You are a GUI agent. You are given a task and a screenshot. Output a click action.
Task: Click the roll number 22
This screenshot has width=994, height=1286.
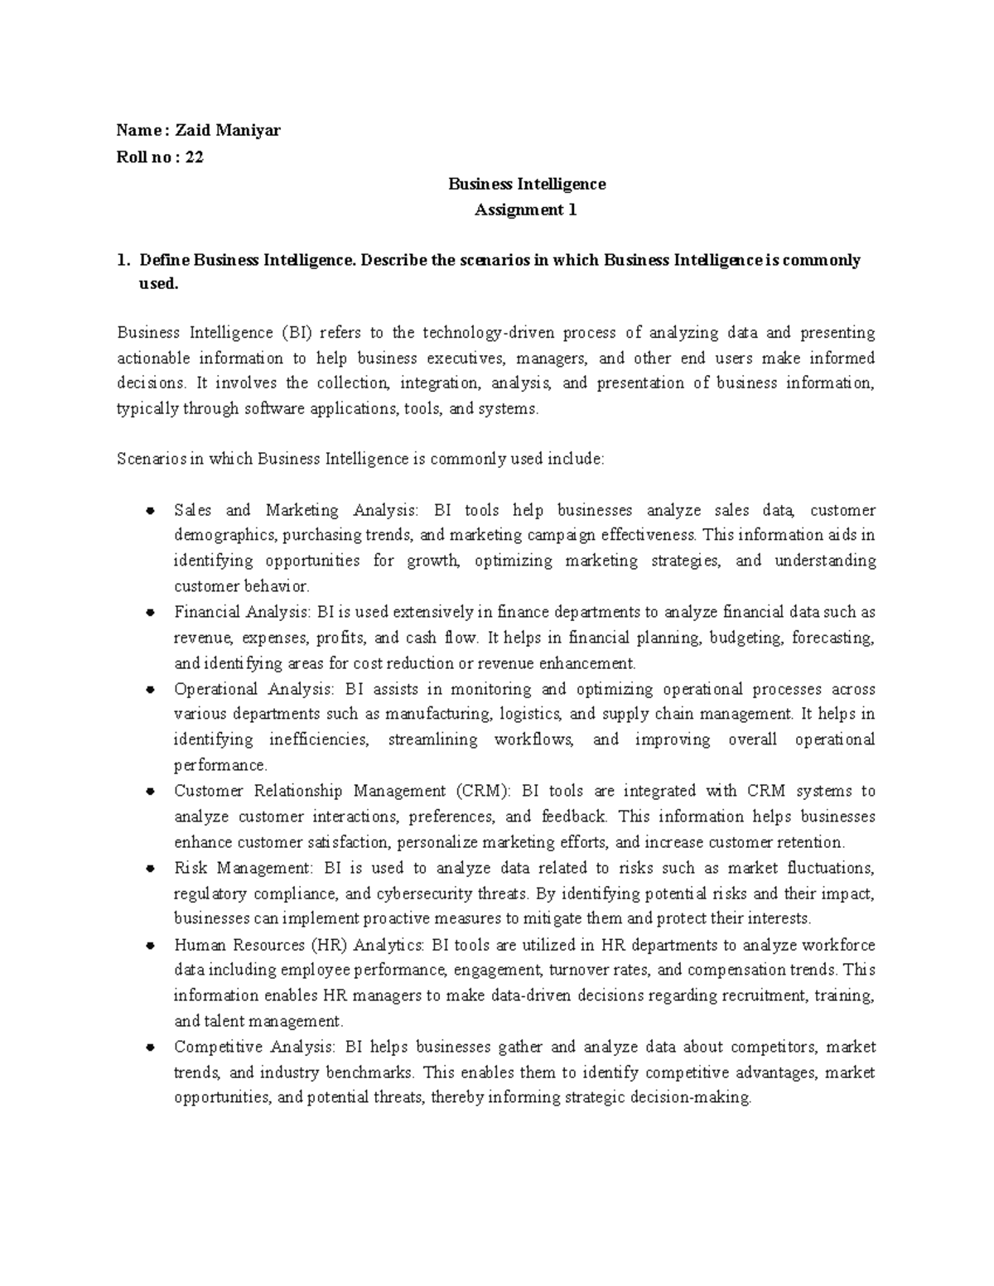[195, 157]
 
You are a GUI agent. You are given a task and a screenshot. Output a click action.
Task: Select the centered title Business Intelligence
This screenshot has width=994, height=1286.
[527, 184]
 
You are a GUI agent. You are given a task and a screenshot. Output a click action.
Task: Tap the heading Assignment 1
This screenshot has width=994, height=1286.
[525, 210]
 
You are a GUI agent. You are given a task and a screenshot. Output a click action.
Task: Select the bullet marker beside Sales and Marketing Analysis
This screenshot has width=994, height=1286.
[150, 510]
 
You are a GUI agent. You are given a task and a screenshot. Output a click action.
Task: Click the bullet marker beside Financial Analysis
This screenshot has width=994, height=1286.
[150, 613]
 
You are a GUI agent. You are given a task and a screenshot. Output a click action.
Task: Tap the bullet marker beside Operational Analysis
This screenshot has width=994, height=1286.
[150, 689]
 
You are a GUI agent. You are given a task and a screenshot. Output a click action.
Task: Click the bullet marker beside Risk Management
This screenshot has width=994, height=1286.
[150, 869]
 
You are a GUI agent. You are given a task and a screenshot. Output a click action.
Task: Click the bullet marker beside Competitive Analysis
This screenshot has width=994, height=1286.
[150, 1048]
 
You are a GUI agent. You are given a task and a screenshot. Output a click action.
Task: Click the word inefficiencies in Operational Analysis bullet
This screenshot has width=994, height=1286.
[319, 739]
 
